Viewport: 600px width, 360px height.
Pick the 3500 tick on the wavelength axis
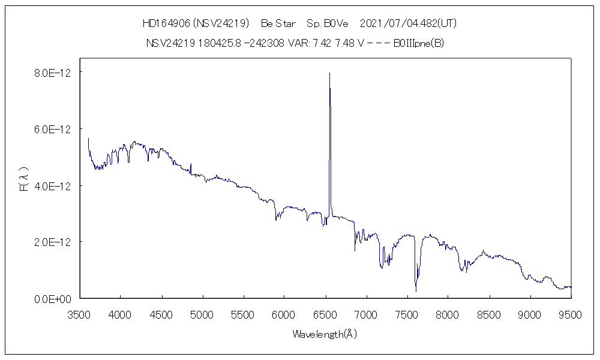coord(79,313)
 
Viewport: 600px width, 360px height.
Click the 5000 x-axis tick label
coord(202,313)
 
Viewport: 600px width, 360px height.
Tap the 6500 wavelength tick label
coord(325,313)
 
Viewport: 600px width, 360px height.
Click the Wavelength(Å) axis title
coord(325,334)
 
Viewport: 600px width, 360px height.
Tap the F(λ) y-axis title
coord(24,181)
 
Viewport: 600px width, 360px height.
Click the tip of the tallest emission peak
coord(329,73)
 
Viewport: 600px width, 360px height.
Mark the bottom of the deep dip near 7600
coord(416,291)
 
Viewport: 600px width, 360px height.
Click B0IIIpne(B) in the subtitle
coord(418,43)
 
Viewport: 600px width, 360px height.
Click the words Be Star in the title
coord(278,23)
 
